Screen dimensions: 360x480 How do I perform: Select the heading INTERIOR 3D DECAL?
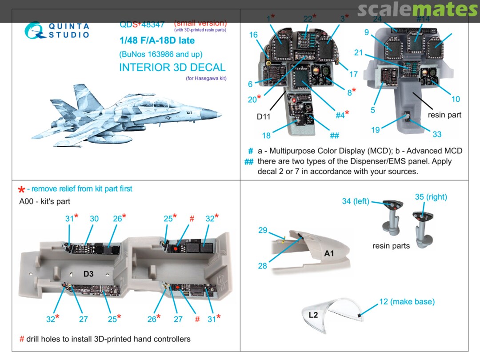point(172,68)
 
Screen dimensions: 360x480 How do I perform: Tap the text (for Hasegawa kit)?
point(206,79)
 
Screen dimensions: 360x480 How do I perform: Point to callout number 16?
point(253,35)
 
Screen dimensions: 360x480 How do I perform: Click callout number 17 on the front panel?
point(353,74)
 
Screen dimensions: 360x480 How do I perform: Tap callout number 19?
point(376,130)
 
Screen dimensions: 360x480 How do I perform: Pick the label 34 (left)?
point(356,201)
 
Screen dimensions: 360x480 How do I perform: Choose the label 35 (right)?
point(431,197)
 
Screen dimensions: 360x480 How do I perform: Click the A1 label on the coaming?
point(329,253)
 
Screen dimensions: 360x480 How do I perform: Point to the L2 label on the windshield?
point(313,315)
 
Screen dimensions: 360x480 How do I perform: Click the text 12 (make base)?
point(406,302)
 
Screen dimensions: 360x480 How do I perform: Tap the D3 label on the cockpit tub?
point(88,274)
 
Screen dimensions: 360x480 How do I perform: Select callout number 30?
point(94,219)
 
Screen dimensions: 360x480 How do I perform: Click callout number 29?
point(263,230)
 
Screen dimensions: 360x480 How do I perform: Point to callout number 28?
point(263,266)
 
